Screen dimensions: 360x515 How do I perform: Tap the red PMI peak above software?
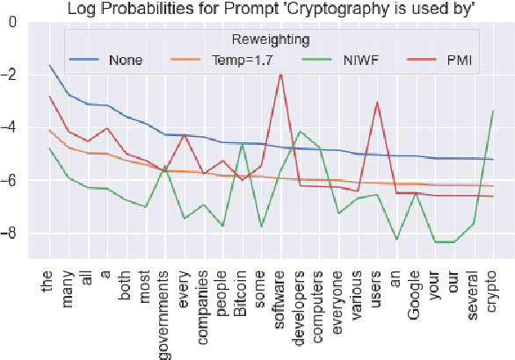pyautogui.click(x=280, y=74)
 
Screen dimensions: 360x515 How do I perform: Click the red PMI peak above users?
pyautogui.click(x=377, y=102)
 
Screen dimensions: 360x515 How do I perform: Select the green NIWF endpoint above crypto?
pyautogui.click(x=493, y=111)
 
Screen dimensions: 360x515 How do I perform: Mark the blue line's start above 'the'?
pyautogui.click(x=50, y=65)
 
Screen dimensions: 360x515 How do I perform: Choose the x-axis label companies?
pyautogui.click(x=202, y=306)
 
